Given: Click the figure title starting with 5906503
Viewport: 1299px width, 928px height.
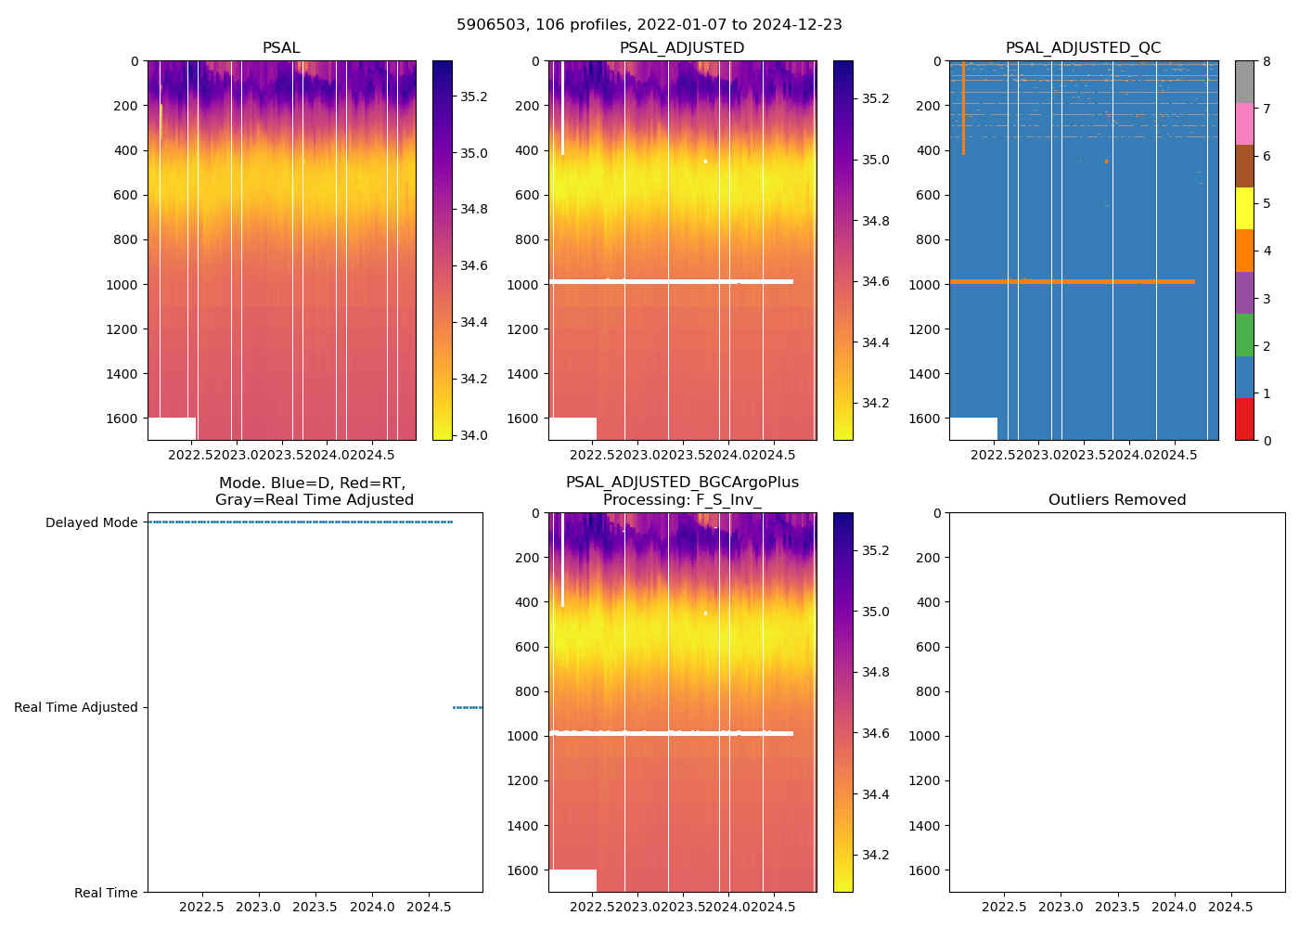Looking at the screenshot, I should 649,25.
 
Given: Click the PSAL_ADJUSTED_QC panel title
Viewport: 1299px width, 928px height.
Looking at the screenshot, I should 1083,48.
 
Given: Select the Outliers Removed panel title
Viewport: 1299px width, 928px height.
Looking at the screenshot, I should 1116,500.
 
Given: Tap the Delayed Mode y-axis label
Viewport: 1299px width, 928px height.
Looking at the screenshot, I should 92,522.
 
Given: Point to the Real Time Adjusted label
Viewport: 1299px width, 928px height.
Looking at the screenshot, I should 76,707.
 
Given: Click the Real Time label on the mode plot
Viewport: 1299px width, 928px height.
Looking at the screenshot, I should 106,893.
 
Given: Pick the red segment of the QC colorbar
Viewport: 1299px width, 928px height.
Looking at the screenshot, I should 1244,419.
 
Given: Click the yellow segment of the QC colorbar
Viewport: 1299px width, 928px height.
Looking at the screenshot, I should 1244,208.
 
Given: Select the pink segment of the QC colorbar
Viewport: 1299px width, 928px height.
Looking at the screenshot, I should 1244,123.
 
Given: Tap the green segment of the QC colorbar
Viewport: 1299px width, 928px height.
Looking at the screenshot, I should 1244,335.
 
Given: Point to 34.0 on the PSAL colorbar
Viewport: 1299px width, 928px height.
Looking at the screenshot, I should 474,435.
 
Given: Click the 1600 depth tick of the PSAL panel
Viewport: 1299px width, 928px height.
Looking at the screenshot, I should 122,419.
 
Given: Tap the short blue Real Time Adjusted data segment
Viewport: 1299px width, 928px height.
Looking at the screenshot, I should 467,707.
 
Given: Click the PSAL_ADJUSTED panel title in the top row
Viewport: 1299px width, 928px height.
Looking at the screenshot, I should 682,48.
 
